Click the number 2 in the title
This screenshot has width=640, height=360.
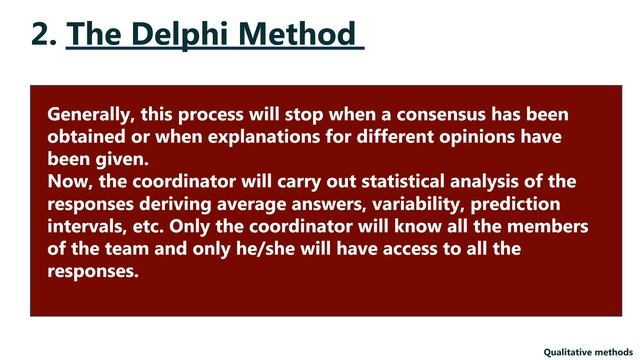pyautogui.click(x=41, y=35)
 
